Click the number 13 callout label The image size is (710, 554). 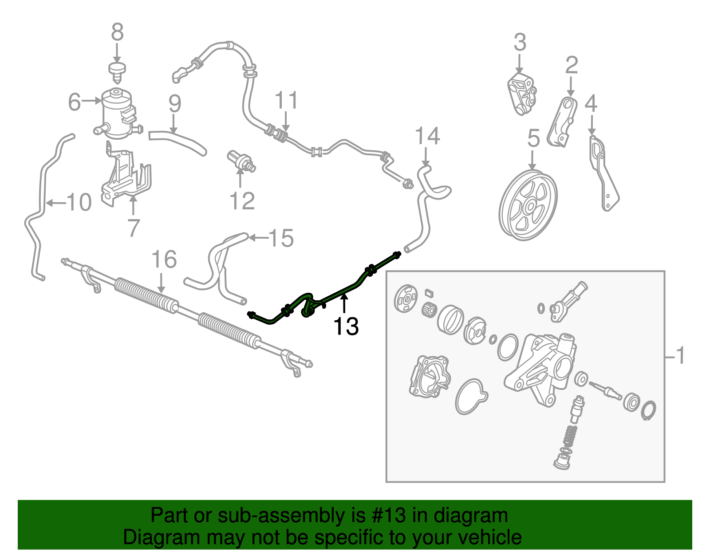coord(346,326)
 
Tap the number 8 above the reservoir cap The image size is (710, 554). coord(117,32)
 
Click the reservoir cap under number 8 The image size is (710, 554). coord(117,71)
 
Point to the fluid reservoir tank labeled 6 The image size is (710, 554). coord(117,113)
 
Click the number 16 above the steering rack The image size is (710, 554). coord(164,259)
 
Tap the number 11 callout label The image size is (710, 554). coord(286,101)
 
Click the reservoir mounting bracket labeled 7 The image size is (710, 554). coord(126,177)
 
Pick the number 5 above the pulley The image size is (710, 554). coord(533,138)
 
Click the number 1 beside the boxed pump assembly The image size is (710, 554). coord(680,356)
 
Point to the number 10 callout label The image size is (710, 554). coord(79,202)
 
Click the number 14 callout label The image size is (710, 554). coord(427,136)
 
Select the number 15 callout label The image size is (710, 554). coord(281,238)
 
